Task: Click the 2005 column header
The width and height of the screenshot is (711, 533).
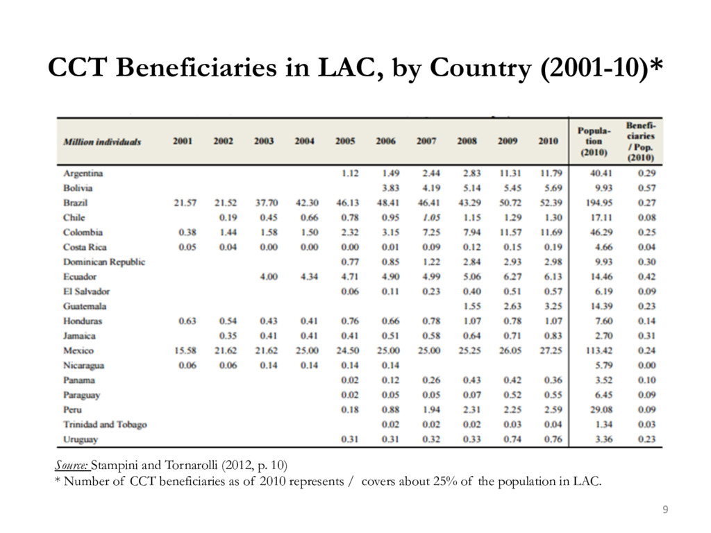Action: pos(345,141)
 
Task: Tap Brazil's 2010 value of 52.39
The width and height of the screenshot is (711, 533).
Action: pos(551,203)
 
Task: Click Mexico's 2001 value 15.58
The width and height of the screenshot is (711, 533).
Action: pos(185,350)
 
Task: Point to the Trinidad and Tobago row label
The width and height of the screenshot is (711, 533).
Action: pos(105,425)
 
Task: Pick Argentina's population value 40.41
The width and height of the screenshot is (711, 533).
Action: pos(601,173)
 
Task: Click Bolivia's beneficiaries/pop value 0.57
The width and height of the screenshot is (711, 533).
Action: pos(646,188)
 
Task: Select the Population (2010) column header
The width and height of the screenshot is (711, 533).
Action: pos(594,142)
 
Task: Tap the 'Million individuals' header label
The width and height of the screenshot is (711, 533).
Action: pos(102,142)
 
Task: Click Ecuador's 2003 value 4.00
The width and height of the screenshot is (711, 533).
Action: pos(269,276)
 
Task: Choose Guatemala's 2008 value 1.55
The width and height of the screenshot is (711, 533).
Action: pos(472,306)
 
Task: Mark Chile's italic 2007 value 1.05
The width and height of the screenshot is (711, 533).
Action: pos(431,217)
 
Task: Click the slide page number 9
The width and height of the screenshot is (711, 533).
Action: pos(665,509)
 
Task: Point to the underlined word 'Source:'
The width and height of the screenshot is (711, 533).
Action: pos(72,465)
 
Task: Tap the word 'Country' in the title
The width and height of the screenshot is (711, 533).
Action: pos(480,68)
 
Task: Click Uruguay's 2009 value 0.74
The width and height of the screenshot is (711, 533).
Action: pos(512,439)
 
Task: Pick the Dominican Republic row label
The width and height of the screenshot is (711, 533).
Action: pos(104,262)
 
